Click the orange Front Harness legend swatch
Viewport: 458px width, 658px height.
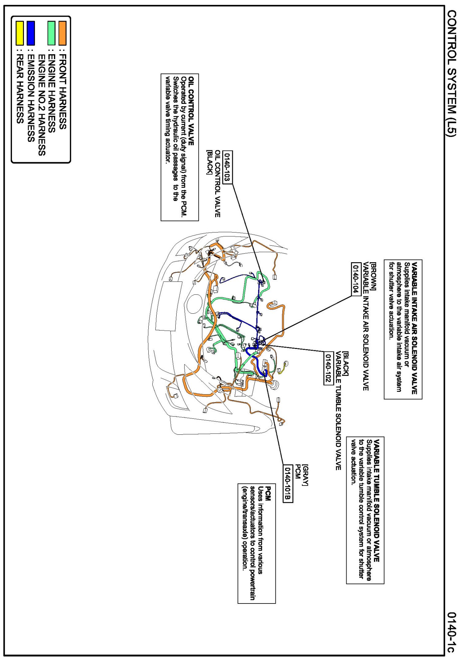pyautogui.click(x=62, y=33)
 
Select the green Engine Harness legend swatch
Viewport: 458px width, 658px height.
pyautogui.click(x=51, y=33)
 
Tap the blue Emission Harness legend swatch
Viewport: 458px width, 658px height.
pyautogui.click(x=31, y=33)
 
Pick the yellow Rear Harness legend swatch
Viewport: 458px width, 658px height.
pyautogui.click(x=20, y=33)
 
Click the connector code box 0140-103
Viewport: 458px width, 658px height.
pyautogui.click(x=227, y=167)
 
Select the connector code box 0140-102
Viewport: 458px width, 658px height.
pyautogui.click(x=328, y=368)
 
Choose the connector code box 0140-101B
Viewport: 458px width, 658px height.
pyautogui.click(x=288, y=484)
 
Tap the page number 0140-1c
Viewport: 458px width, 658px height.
pyautogui.click(x=451, y=632)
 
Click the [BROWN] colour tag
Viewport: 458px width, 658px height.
pyautogui.click(x=374, y=276)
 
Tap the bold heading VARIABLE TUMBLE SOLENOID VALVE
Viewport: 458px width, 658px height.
pyautogui.click(x=377, y=500)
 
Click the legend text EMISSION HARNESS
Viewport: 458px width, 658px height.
pyautogui.click(x=31, y=98)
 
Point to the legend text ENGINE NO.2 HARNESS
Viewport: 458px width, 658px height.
pyautogui.click(x=41, y=105)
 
